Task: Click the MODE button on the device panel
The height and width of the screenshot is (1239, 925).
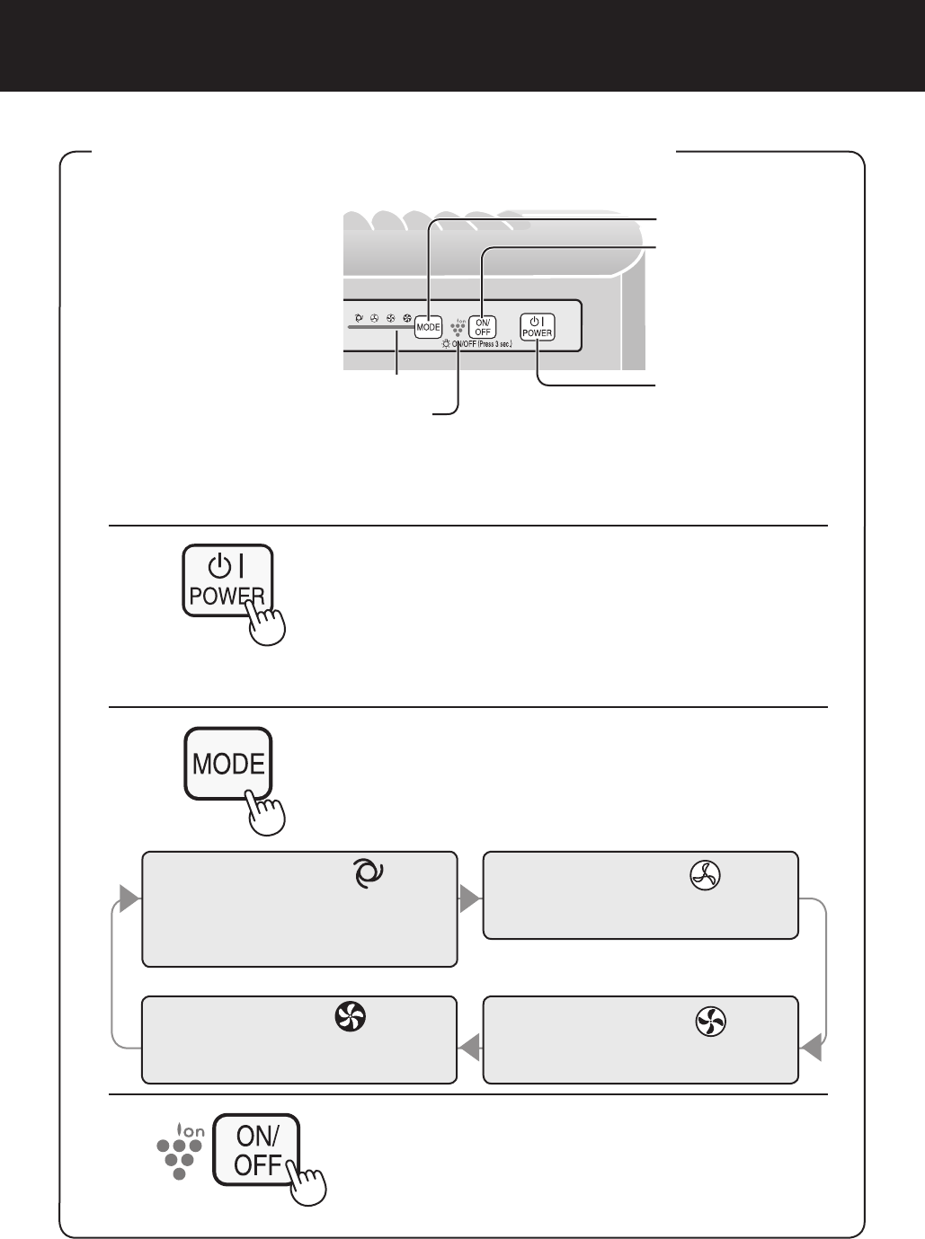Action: tap(428, 327)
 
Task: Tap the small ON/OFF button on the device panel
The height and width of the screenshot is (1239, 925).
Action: tap(483, 327)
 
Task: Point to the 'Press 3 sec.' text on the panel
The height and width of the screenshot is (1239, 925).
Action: tap(495, 344)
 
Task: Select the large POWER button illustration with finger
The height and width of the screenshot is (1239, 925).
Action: tap(227, 580)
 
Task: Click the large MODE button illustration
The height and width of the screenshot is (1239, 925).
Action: tap(228, 764)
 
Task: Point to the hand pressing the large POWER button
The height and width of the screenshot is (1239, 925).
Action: tap(267, 623)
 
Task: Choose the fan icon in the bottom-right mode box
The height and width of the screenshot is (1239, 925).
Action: tap(711, 1021)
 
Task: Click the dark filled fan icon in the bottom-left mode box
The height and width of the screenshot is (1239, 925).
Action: tap(350, 1017)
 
